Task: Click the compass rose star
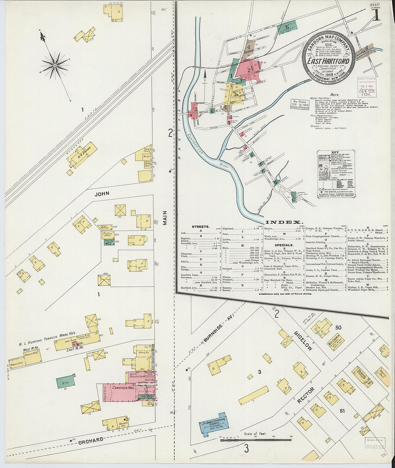point(55,65)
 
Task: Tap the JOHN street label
point(102,194)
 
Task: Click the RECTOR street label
point(306,395)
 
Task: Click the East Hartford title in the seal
point(328,61)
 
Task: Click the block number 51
point(342,411)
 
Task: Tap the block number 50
point(338,328)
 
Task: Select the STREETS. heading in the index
point(201,227)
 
